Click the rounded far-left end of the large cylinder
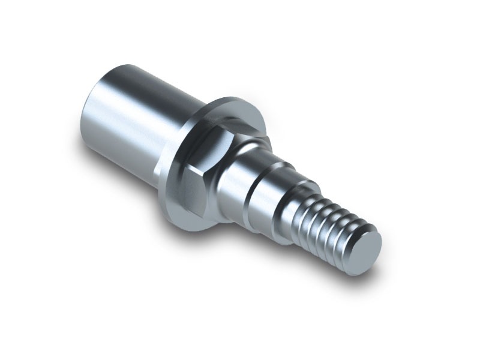point(87,120)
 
